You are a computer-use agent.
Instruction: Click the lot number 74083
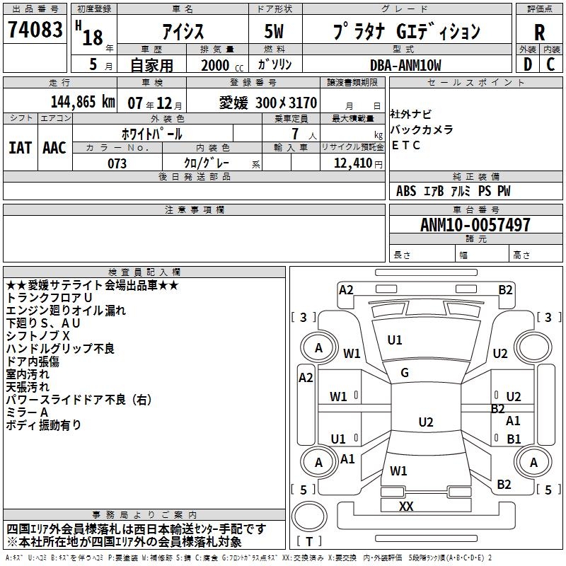coord(35,30)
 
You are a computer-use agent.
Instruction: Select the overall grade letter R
coord(539,32)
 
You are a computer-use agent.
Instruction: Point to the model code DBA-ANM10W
coord(405,65)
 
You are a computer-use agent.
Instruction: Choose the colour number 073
coord(117,163)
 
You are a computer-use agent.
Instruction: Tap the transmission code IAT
coord(21,148)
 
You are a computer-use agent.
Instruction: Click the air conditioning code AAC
coord(54,148)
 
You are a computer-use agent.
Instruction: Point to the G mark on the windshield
coord(405,373)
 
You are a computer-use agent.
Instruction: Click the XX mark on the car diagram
coord(406,507)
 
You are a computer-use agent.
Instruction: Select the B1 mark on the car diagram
coord(514,439)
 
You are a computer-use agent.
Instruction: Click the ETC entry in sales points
coord(406,146)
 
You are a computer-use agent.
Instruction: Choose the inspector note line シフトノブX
coord(38,335)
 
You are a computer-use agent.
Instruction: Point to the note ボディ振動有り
coord(43,425)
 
